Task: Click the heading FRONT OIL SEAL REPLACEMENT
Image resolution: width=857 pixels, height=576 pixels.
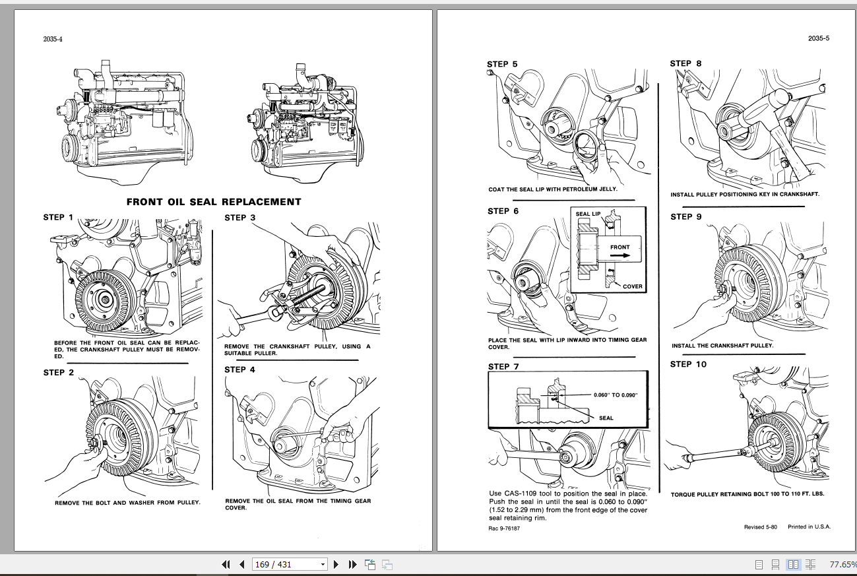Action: [x=214, y=202]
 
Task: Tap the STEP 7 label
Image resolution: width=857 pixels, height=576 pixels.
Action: [x=503, y=366]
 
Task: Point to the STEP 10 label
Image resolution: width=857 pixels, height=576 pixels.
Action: [x=688, y=364]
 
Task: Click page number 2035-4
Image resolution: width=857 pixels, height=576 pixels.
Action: [x=53, y=39]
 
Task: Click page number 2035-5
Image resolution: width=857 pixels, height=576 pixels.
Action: [x=818, y=38]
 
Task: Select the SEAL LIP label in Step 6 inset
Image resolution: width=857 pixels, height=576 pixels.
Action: [x=588, y=214]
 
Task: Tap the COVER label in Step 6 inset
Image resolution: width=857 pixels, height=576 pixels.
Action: [x=632, y=286]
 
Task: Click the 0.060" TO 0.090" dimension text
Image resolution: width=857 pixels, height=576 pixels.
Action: [x=616, y=395]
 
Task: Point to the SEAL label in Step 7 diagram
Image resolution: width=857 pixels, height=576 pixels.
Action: [x=606, y=418]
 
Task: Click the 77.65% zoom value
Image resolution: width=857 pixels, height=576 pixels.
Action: [x=842, y=565]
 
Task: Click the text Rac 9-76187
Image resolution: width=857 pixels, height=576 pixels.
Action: [x=503, y=528]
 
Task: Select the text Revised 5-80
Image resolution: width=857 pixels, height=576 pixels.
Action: [x=761, y=527]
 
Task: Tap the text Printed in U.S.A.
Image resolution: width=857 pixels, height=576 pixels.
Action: [x=809, y=527]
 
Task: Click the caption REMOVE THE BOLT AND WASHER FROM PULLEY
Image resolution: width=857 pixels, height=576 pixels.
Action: [x=127, y=503]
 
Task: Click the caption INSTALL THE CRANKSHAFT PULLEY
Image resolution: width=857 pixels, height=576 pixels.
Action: [x=722, y=346]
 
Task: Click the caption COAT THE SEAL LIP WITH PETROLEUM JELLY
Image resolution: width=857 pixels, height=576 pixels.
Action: [x=553, y=189]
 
